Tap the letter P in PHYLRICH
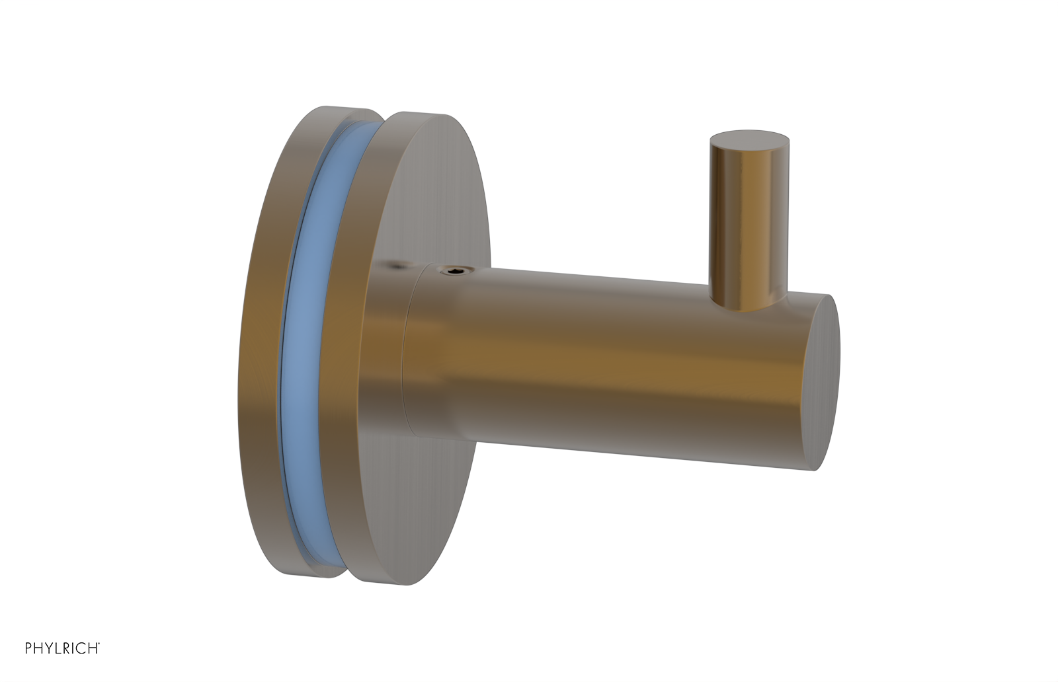[x=28, y=648]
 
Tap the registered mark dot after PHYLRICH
[x=99, y=644]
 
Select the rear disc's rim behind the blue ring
[x=264, y=344]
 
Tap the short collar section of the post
[x=430, y=350]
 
